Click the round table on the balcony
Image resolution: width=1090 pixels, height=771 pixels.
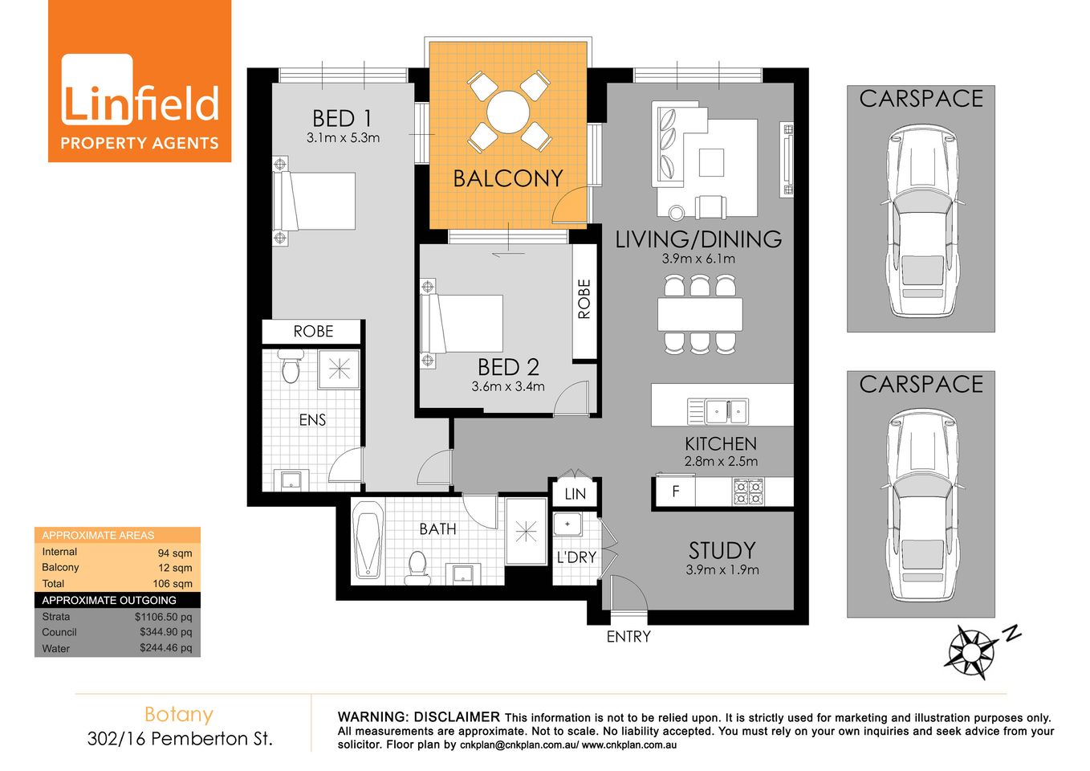click(508, 112)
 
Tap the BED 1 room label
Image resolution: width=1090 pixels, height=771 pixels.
click(342, 118)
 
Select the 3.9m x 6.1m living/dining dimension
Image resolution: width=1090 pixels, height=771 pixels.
click(698, 259)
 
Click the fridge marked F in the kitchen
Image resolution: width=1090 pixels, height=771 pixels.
click(675, 491)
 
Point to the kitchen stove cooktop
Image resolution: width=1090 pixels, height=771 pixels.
click(748, 491)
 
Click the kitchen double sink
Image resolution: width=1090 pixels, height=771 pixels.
click(718, 411)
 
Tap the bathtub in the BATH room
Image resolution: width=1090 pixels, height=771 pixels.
click(368, 539)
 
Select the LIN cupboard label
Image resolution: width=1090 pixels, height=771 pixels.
click(575, 494)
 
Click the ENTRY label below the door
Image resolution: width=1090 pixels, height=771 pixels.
click(628, 637)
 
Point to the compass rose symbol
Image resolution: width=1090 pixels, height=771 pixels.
click(973, 650)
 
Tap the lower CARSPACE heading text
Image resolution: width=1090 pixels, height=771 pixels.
click(921, 385)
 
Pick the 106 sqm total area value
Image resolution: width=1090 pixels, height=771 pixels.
click(173, 584)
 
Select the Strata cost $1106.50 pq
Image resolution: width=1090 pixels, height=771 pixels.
click(163, 617)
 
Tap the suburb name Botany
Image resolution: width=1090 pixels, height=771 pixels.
click(179, 714)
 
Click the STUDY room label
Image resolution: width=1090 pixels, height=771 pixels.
click(722, 550)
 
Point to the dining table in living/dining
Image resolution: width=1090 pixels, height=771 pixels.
click(700, 314)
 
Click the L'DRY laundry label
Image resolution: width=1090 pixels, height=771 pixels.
click(576, 557)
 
